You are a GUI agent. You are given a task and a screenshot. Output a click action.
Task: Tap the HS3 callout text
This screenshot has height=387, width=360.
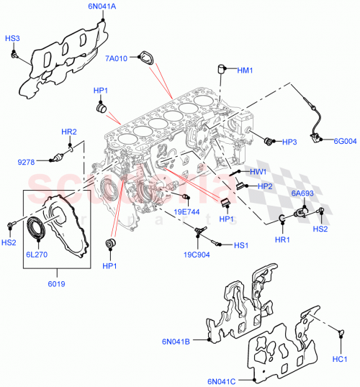click(x=12, y=37)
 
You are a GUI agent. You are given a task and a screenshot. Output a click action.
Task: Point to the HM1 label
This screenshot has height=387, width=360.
click(x=245, y=70)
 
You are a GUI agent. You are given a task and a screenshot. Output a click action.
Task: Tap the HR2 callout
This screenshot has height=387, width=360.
click(x=68, y=132)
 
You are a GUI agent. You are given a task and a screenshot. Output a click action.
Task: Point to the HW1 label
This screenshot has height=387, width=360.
click(x=258, y=172)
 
